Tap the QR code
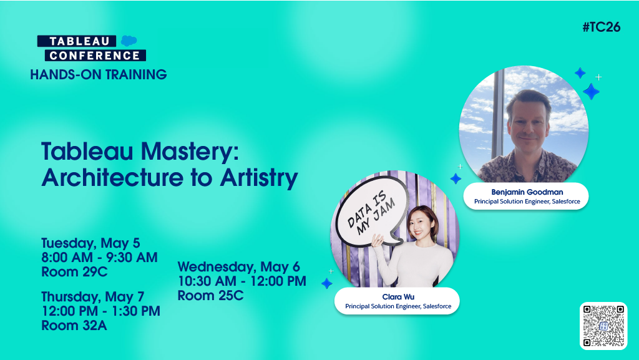pyautogui.click(x=603, y=325)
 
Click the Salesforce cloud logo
pyautogui.click(x=129, y=41)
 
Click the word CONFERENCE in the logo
pyautogui.click(x=92, y=55)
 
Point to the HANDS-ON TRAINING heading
pyautogui.click(x=99, y=75)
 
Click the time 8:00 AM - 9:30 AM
pyautogui.click(x=99, y=257)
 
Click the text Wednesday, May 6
pyautogui.click(x=238, y=267)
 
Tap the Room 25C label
pyautogui.click(x=210, y=295)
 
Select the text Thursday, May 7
pyautogui.click(x=92, y=296)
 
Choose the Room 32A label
pyautogui.click(x=74, y=325)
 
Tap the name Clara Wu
pyautogui.click(x=397, y=296)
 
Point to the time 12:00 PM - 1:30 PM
pyautogui.click(x=100, y=311)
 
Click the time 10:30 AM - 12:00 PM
pyautogui.click(x=242, y=281)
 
